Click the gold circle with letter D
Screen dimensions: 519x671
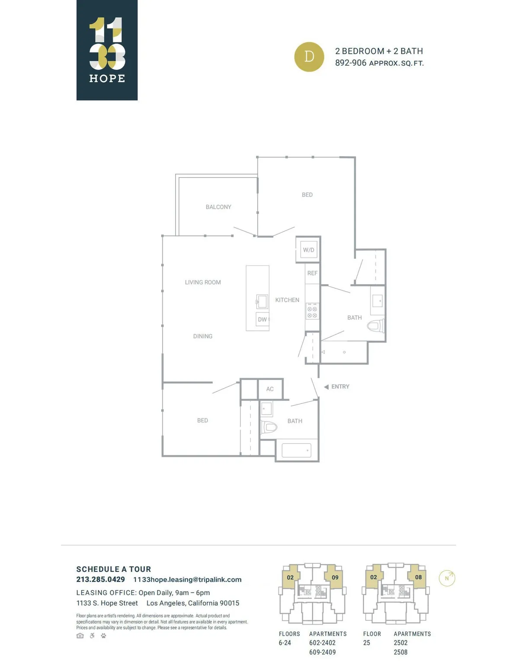[x=309, y=57]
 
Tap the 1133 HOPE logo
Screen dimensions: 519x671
[x=107, y=50]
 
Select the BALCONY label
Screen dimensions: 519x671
[x=218, y=207]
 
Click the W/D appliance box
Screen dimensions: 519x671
[x=308, y=249]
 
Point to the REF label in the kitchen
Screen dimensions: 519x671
[x=312, y=273]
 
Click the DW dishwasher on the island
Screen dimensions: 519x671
[x=263, y=320]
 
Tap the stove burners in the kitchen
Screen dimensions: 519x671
[x=312, y=312]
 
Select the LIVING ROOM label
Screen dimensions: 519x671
[x=203, y=282]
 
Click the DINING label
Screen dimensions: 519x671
[x=203, y=336]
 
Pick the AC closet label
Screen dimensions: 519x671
[x=270, y=389]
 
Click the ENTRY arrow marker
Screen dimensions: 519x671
[x=326, y=387]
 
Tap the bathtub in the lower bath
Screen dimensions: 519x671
[x=296, y=451]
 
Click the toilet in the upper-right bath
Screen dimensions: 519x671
[x=375, y=326]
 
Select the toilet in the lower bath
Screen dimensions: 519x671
[x=269, y=427]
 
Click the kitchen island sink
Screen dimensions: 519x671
[x=262, y=301]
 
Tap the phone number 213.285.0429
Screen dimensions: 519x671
[x=101, y=579]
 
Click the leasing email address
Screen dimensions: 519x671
[x=187, y=580]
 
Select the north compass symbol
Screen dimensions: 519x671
[x=447, y=578]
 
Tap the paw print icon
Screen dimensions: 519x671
[x=103, y=636]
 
